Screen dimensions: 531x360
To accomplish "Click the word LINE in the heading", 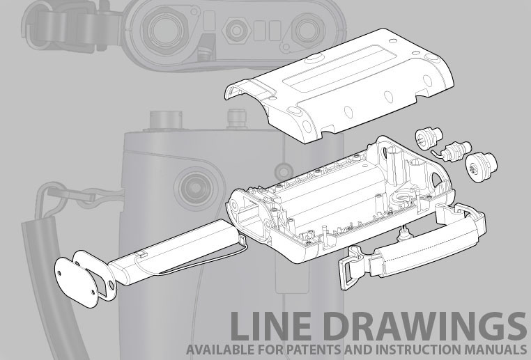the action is pyautogui.click(x=270, y=326).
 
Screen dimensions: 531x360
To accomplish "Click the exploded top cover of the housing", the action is pyautogui.click(x=339, y=85).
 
